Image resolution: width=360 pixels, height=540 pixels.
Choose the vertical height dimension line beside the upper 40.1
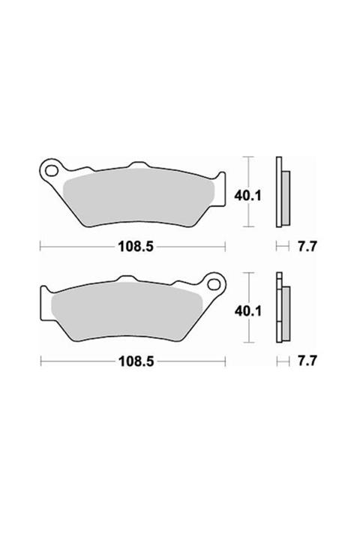pos(250,192)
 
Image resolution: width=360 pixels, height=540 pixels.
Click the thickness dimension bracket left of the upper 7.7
pos(283,245)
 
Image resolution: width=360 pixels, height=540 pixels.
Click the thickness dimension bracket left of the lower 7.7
pos(283,361)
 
